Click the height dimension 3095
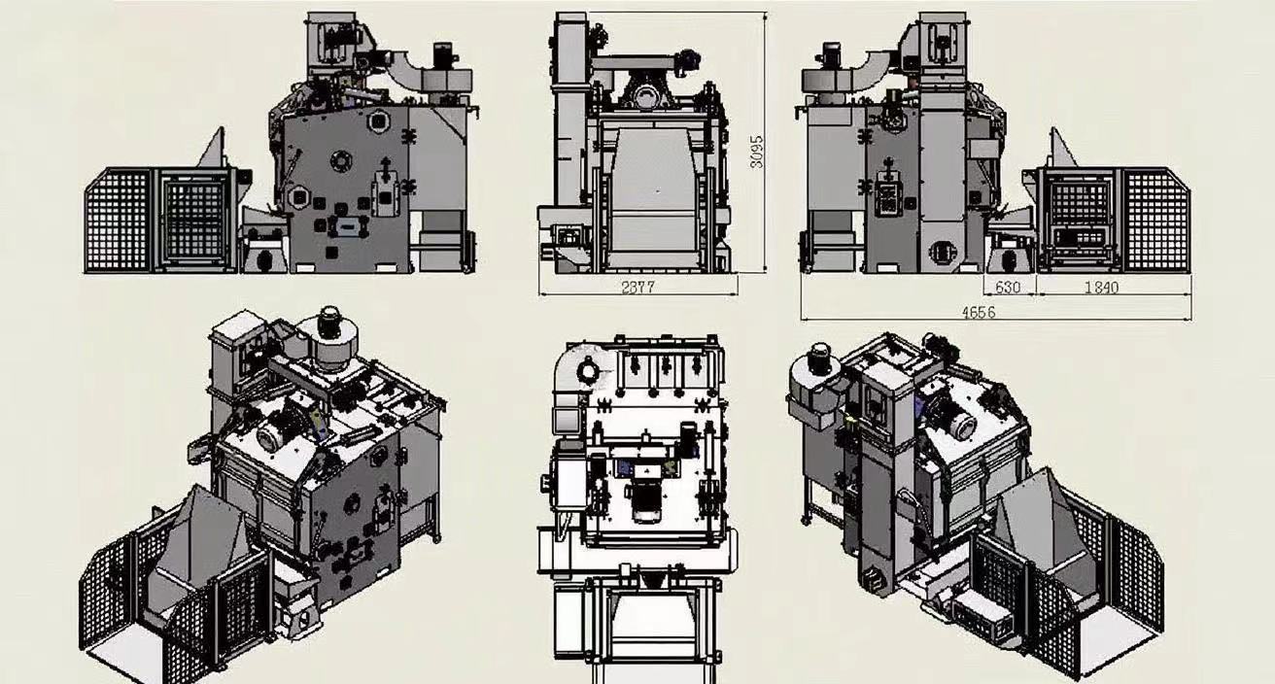pos(756,152)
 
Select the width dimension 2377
pos(638,288)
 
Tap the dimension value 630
pos(1008,288)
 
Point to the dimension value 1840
pos(1101,288)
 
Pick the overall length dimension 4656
pos(979,313)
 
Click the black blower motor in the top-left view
pos(443,55)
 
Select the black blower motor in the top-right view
pos(831,55)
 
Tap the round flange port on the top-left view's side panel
pos(340,161)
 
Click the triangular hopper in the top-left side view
pos(212,149)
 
